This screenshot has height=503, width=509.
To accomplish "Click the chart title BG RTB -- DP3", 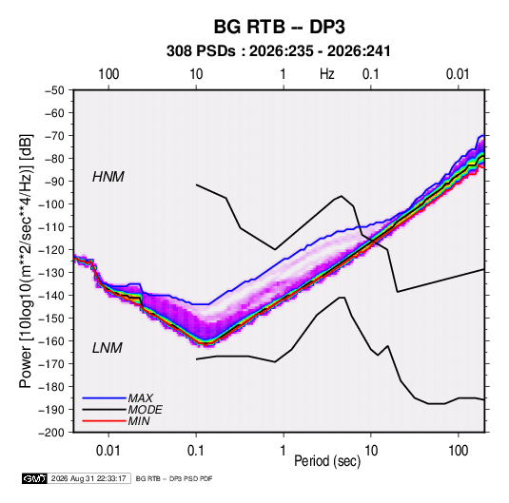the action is (279, 27).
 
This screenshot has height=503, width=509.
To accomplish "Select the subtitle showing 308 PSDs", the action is (278, 51).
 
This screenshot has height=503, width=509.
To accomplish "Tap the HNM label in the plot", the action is (108, 177).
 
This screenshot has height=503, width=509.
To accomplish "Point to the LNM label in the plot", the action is (108, 348).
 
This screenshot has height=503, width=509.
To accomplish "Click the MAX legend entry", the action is (140, 397).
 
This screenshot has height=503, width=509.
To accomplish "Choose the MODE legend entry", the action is (146, 410).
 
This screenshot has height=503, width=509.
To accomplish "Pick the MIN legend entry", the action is (139, 421).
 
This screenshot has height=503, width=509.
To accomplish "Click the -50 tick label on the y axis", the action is (54, 90).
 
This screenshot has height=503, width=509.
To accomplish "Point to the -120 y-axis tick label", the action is (51, 250).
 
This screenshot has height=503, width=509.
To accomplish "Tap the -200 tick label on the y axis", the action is (51, 433).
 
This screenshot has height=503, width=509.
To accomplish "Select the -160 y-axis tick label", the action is (51, 341).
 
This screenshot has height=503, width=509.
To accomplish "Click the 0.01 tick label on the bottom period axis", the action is (108, 451).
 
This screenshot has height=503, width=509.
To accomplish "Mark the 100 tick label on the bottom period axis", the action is (458, 451).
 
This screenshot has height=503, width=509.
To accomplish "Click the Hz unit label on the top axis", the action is (327, 74).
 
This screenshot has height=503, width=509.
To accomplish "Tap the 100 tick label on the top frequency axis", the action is (108, 74).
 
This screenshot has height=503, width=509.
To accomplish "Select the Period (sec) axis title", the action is (327, 461).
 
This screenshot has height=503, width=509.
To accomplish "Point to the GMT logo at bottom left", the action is (34, 478).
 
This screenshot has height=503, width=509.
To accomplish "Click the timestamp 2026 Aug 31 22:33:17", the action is (88, 478).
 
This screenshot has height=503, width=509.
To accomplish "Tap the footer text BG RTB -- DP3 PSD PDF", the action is (174, 478).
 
